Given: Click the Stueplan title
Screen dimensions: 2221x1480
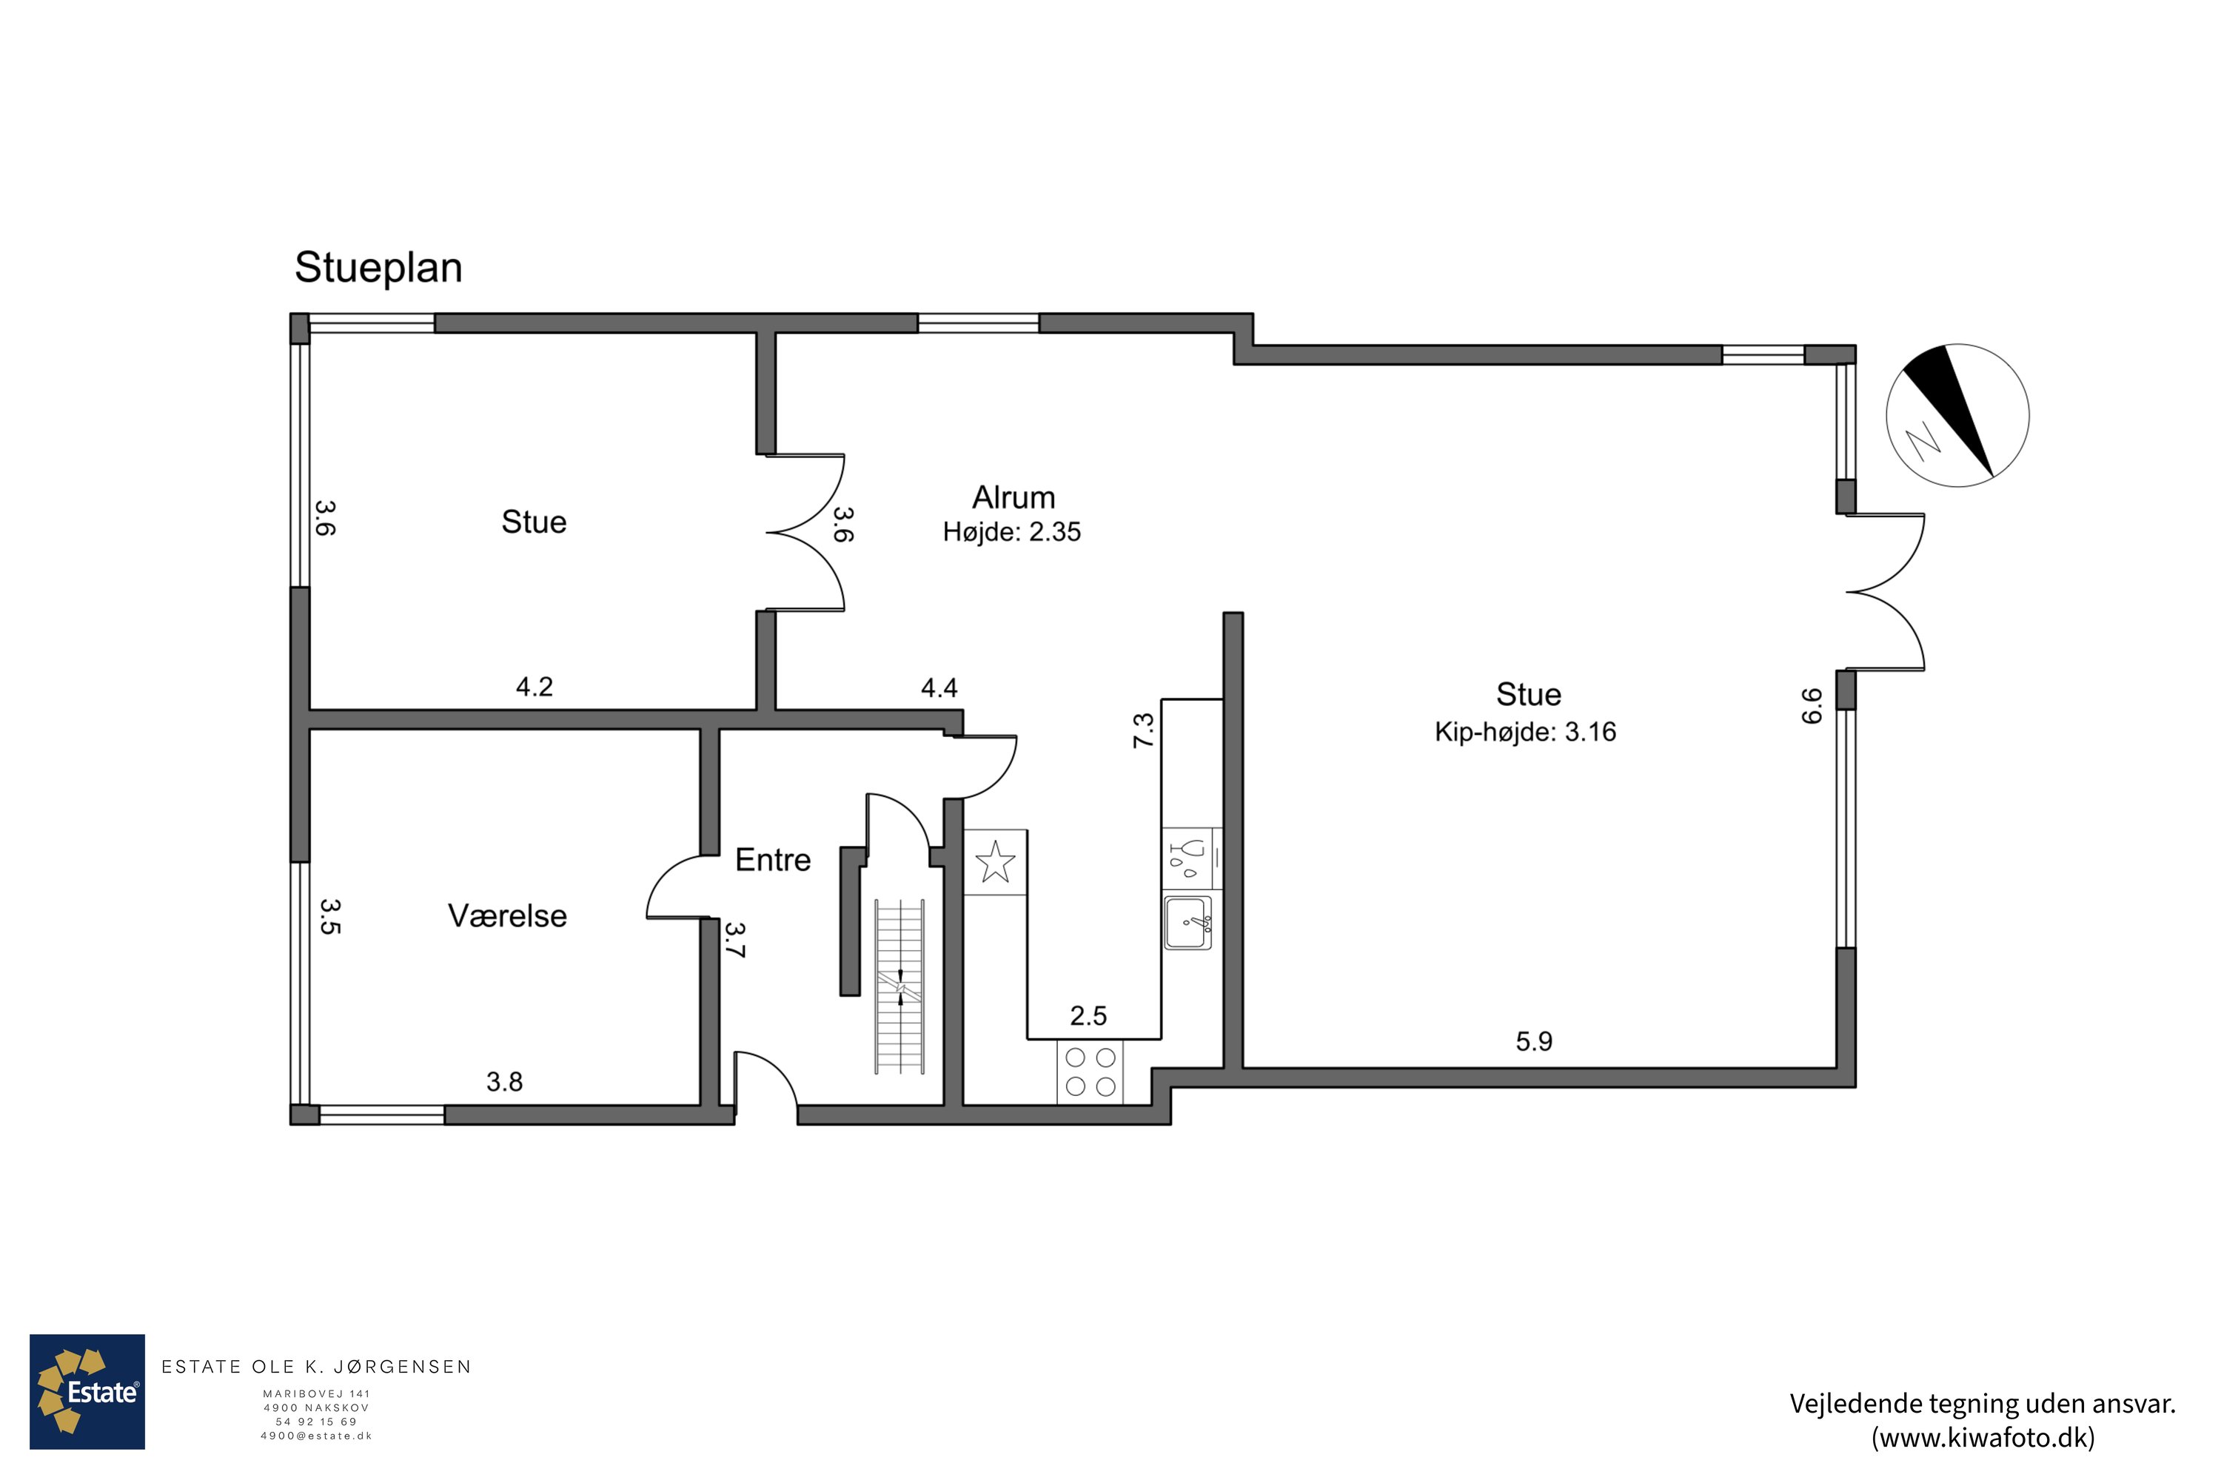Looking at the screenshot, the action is [378, 268].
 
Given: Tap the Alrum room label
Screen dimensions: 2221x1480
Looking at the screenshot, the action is [1014, 497].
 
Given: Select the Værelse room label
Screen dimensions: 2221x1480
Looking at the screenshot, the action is [507, 915].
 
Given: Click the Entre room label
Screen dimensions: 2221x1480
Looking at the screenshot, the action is [772, 860].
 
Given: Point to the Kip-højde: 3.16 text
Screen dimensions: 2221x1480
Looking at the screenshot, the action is [1525, 733].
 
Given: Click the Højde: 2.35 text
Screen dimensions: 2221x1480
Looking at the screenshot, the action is [1011, 532].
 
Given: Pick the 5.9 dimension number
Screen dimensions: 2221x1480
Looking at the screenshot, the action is [1533, 1041].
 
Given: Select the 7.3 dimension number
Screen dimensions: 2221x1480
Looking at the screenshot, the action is [1144, 730].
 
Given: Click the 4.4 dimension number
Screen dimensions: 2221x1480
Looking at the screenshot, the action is [939, 688].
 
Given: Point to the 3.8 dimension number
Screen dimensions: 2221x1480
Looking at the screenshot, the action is [504, 1082].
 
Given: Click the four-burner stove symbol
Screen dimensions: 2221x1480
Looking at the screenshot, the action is [1090, 1072].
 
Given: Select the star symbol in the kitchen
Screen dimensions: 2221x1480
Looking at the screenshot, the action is [994, 862].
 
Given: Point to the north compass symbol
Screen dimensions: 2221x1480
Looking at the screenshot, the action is [1957, 415].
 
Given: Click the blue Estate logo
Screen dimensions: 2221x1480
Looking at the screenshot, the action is [87, 1391].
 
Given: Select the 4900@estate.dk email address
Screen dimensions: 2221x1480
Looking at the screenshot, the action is [316, 1436].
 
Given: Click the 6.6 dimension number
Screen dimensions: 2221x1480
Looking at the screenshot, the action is [1811, 706].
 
